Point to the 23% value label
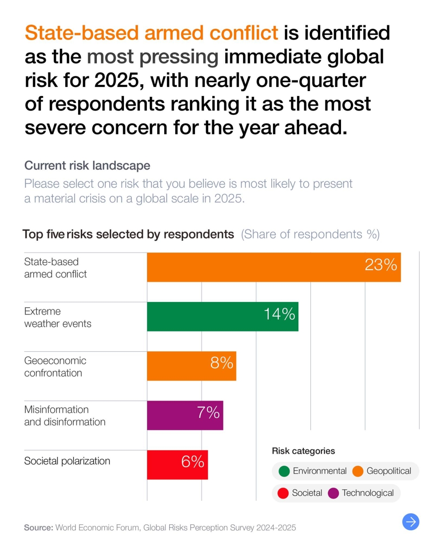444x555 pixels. pyautogui.click(x=381, y=265)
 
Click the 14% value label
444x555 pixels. pyautogui.click(x=279, y=314)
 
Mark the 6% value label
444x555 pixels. pyautogui.click(x=193, y=462)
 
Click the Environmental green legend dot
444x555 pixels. pyautogui.click(x=284, y=471)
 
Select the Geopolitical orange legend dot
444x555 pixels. pyautogui.click(x=358, y=471)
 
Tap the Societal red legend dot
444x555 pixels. pyautogui.click(x=283, y=493)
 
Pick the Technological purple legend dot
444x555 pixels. pyautogui.click(x=333, y=493)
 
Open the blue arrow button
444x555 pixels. pyautogui.click(x=411, y=522)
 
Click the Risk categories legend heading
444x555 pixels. pyautogui.click(x=303, y=451)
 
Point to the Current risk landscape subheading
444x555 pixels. pyautogui.click(x=87, y=166)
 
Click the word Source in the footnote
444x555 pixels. pyautogui.click(x=38, y=527)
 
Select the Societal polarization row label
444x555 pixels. pyautogui.click(x=67, y=461)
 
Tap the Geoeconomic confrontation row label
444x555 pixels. pyautogui.click(x=55, y=367)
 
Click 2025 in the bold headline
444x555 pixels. pyautogui.click(x=117, y=80)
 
